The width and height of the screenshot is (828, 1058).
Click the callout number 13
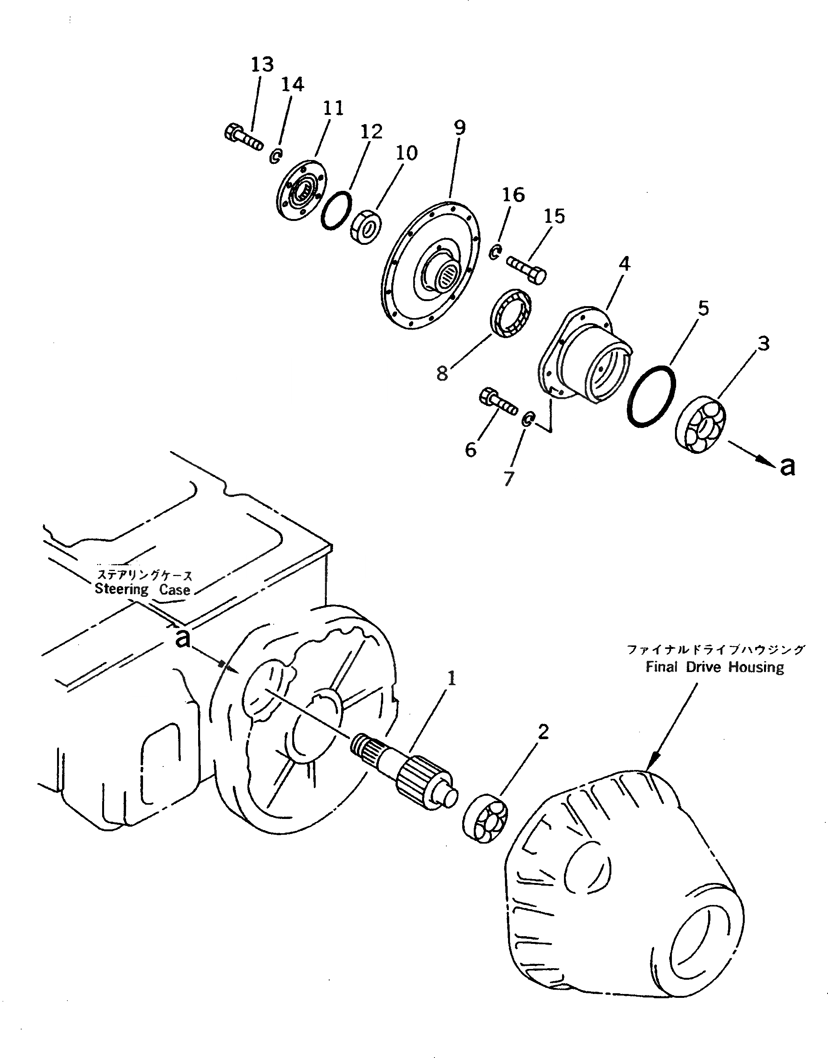click(262, 64)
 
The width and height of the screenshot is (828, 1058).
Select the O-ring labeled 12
click(336, 211)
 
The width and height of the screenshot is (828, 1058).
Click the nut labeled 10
click(366, 226)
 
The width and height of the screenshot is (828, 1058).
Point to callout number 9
click(459, 128)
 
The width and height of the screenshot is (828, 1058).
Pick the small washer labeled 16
click(495, 252)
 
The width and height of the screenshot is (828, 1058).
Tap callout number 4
click(624, 264)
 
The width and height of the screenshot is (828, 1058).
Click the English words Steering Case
click(142, 590)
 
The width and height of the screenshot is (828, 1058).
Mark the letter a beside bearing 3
click(788, 467)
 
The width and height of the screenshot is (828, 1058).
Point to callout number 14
click(293, 85)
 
